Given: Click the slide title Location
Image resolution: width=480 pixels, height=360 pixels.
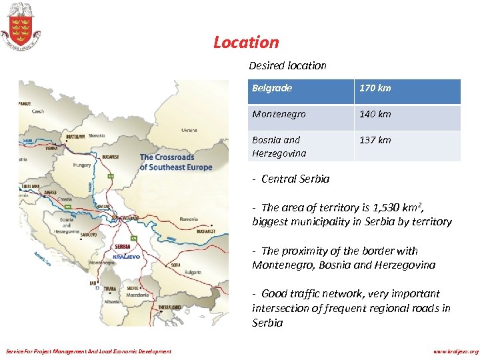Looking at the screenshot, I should point(246,42).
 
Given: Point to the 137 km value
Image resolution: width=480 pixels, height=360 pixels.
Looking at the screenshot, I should point(375,140).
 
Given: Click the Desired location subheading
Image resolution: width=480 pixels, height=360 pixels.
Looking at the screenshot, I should point(287,65).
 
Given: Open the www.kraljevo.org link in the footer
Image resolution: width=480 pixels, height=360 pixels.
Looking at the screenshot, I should point(455,351).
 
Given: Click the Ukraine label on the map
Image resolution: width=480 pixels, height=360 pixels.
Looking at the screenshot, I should point(189,130).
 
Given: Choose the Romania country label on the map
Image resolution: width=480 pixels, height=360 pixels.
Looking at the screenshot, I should point(189,218).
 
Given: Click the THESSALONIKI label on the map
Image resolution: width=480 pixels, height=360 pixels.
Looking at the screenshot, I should point(171,307).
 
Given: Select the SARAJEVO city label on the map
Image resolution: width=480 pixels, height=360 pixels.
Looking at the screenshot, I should point(89,235).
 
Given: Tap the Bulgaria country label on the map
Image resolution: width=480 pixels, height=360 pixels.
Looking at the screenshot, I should point(193,272).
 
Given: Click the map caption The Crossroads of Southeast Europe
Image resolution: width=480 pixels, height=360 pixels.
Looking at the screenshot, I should point(175,162).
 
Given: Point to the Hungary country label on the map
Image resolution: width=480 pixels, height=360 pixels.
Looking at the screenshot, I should point(82,164).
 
